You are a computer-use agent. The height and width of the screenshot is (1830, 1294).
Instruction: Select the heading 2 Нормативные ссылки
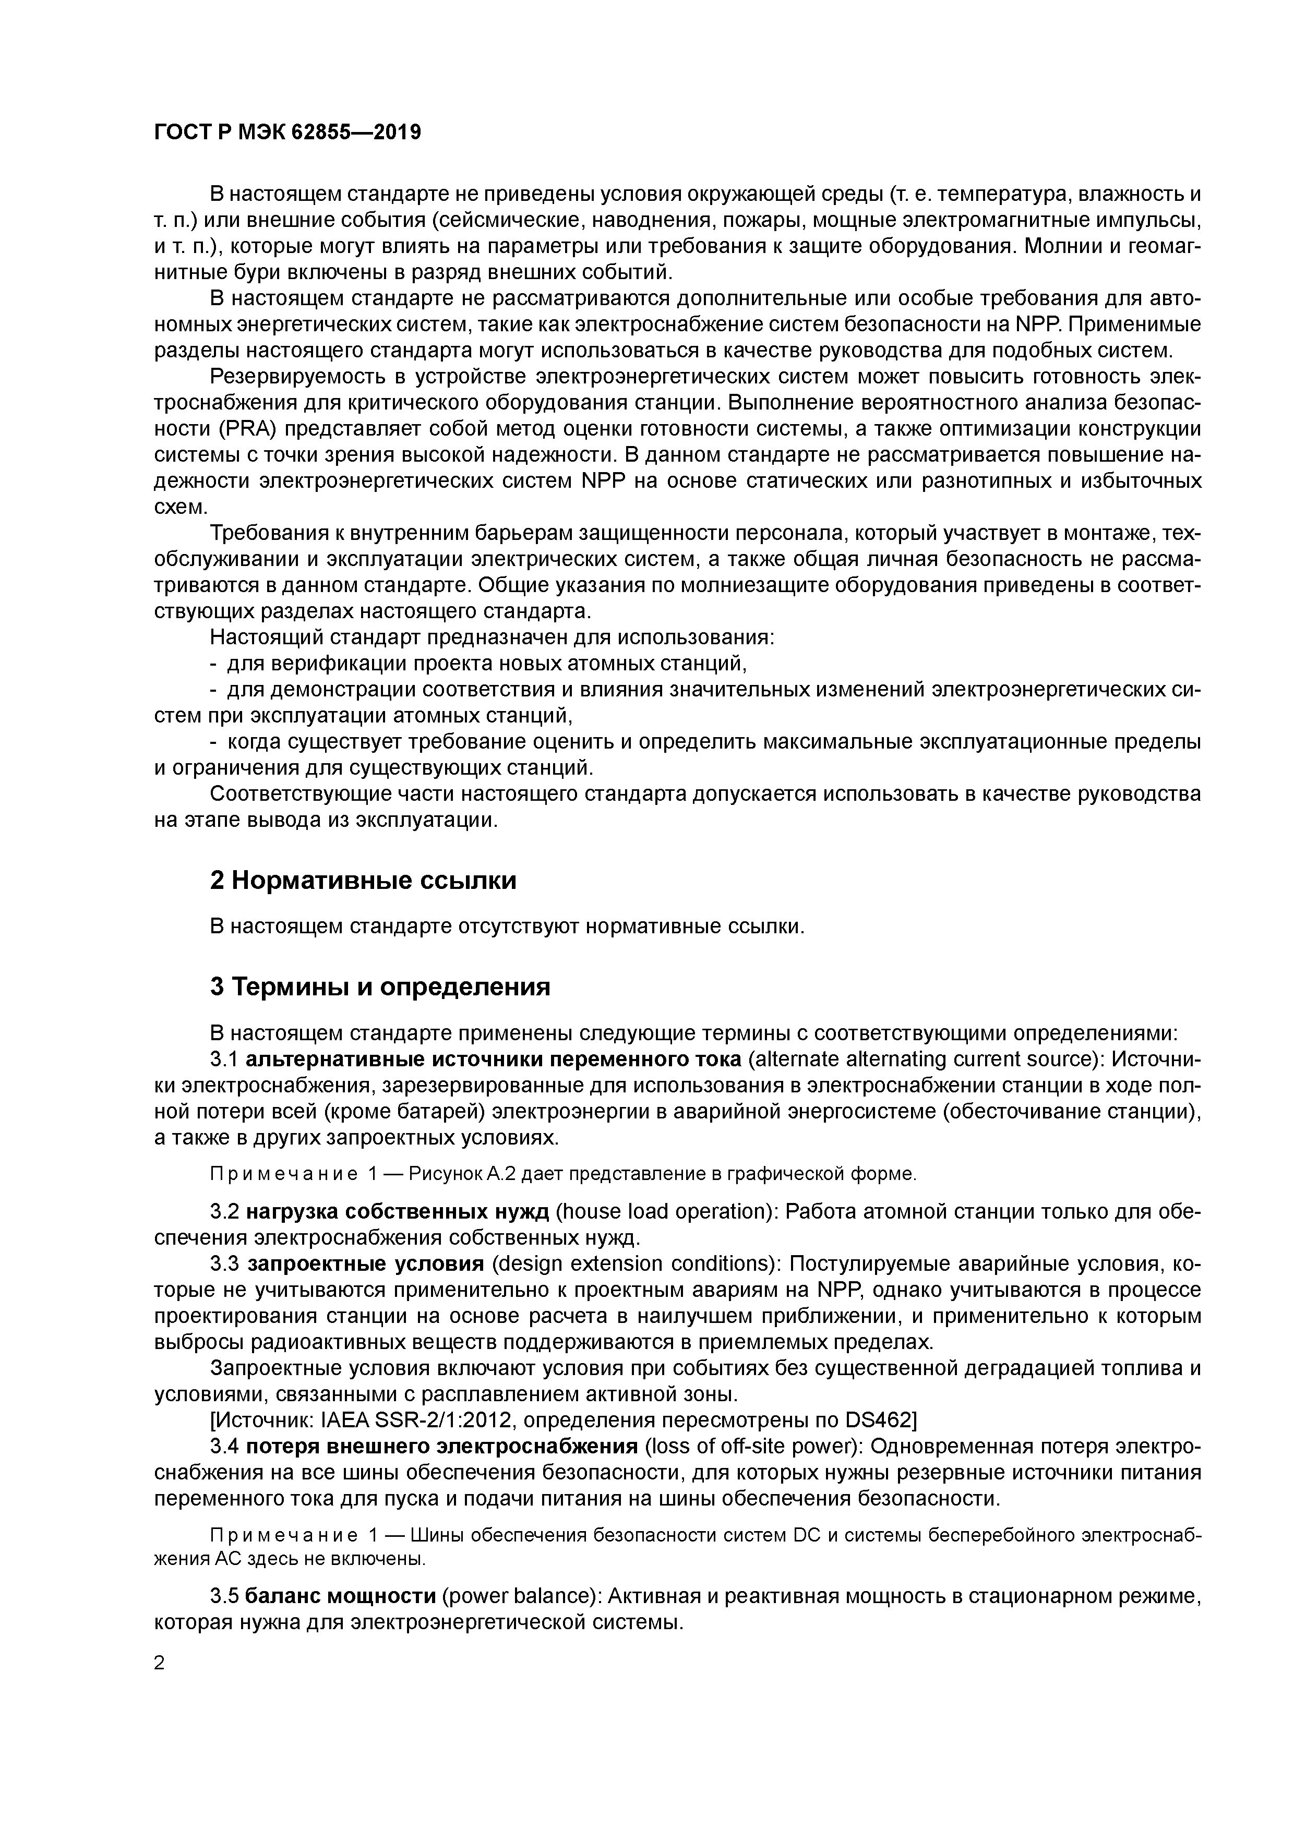pos(363,880)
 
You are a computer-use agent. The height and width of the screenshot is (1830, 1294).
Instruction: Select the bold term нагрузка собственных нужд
pos(398,1211)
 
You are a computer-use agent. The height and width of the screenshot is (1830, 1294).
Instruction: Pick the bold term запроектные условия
pos(366,1264)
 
